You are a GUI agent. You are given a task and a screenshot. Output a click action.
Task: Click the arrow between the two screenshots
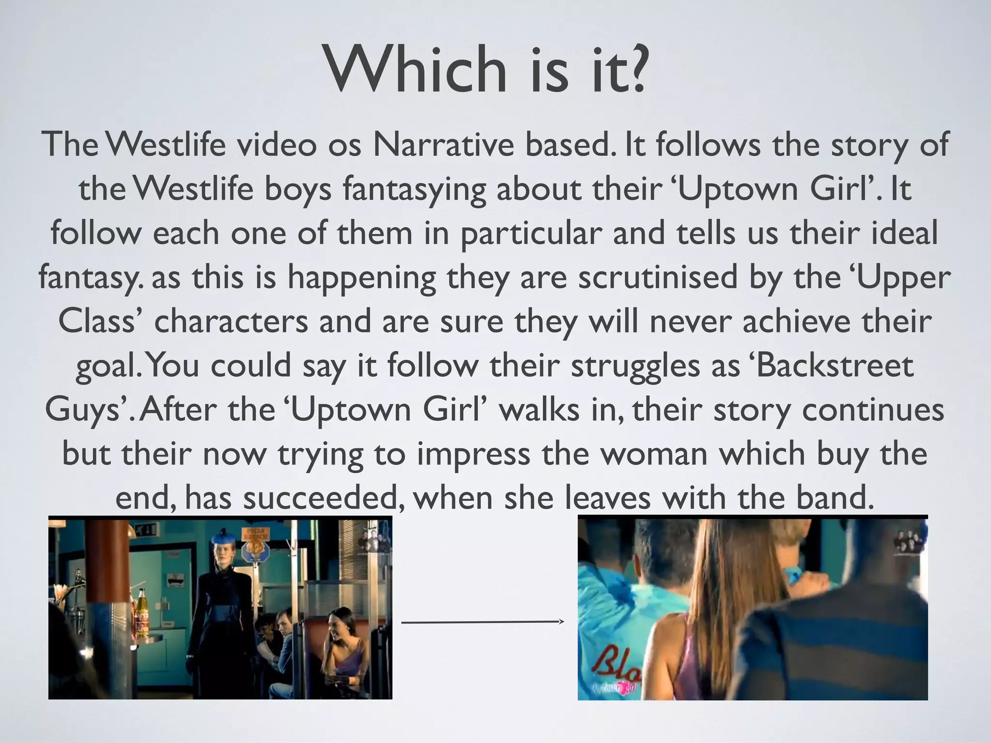pyautogui.click(x=483, y=622)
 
